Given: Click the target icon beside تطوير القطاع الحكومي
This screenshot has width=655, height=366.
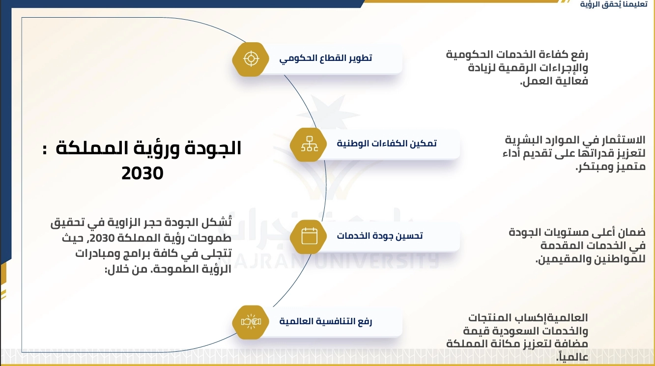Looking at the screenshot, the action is pos(251,59).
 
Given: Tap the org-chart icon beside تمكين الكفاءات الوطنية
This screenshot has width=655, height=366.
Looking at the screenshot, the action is pos(309,144).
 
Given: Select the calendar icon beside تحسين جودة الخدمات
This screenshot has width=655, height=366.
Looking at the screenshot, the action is pos(309,236).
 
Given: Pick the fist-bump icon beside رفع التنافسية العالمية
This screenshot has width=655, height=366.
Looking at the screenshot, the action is pos(251,322).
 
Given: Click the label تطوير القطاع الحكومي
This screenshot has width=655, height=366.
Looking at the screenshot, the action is pos(325,58).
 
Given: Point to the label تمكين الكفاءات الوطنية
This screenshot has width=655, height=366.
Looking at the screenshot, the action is pos(387,143).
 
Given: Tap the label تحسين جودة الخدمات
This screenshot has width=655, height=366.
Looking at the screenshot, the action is pos(379,236).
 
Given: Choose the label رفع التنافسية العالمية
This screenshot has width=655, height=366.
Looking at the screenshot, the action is pos(325,321).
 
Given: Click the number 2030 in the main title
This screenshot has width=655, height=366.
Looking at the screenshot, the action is pos(142,173).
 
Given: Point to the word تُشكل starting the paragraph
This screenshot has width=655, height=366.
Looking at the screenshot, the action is pos(216,222).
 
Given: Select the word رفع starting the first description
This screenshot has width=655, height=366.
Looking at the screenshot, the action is pos(578,55).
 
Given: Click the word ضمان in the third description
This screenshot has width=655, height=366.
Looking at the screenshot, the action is pos(631,232).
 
